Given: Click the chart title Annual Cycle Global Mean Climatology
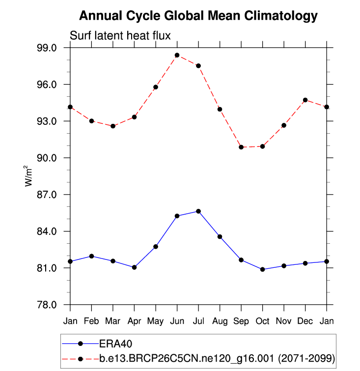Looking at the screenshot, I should (x=198, y=16).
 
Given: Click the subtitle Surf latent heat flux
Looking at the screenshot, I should (x=120, y=36).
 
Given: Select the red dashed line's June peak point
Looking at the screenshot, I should (x=177, y=55).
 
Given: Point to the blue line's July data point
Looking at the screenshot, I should (x=198, y=211).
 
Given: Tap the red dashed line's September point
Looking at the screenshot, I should (x=241, y=147).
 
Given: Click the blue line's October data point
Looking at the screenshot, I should (x=263, y=269).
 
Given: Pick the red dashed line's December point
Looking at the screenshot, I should (x=305, y=100).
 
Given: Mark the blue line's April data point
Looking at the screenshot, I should (x=135, y=267).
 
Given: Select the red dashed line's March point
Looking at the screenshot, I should (x=113, y=126).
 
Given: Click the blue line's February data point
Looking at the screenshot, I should (x=92, y=256).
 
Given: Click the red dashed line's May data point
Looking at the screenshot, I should (x=156, y=87).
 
